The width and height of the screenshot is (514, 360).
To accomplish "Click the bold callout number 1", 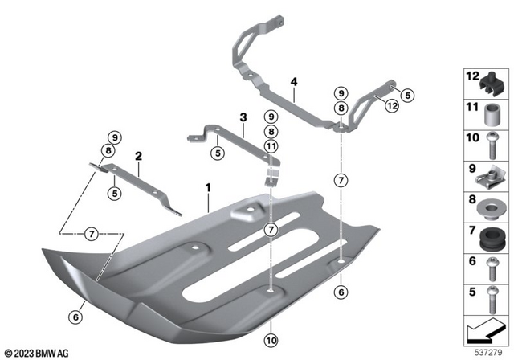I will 207,189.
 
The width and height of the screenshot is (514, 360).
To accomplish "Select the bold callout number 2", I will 138,156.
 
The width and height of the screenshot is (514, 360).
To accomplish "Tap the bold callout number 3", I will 242,118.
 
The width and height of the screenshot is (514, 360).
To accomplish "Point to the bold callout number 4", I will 294,81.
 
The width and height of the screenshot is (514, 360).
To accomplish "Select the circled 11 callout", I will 271,146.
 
